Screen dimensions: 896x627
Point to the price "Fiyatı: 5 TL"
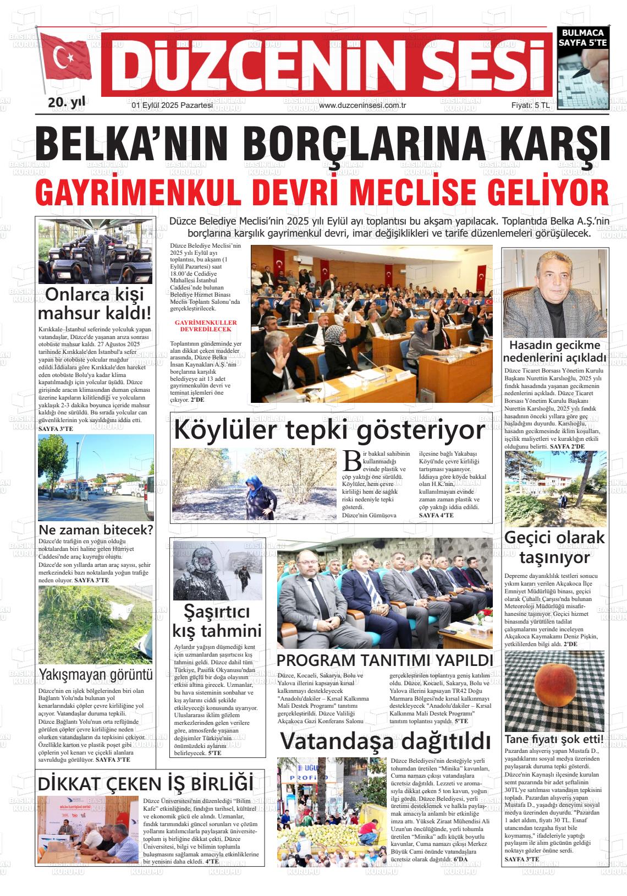[530, 105]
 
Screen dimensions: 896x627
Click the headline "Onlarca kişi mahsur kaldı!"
[95, 304]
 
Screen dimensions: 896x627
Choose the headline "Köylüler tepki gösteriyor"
[329, 430]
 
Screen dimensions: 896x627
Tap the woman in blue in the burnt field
[261, 495]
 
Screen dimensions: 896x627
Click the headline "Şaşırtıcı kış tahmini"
[217, 621]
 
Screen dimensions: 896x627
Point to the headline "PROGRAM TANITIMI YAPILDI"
[384, 660]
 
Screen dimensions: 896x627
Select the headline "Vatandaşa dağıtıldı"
[385, 741]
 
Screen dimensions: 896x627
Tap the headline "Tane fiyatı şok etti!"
[554, 739]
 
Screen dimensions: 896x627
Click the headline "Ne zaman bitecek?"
[96, 530]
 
